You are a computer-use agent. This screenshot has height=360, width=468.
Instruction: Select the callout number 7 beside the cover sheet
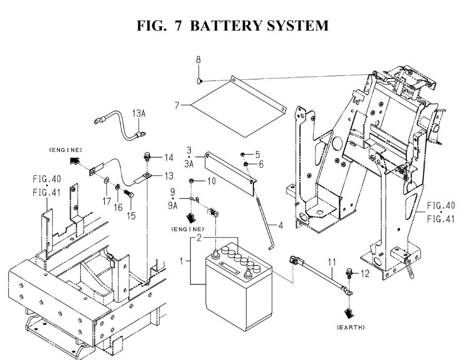click(177, 105)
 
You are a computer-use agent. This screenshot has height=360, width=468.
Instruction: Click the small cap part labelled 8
click(199, 80)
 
